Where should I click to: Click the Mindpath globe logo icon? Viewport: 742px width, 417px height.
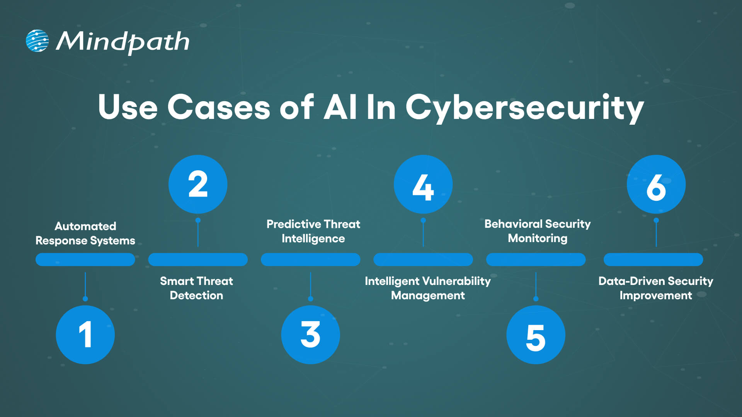tap(37, 41)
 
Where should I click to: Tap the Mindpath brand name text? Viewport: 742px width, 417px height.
tap(123, 42)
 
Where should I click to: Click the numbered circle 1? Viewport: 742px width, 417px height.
tap(85, 334)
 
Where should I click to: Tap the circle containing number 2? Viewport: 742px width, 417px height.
tap(198, 184)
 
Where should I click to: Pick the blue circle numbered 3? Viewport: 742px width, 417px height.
tap(310, 334)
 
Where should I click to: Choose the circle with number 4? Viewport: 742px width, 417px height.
tap(423, 184)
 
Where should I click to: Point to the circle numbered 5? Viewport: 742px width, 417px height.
tap(536, 334)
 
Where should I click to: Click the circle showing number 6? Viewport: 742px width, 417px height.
tap(656, 184)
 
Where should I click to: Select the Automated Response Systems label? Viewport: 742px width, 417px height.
tap(85, 233)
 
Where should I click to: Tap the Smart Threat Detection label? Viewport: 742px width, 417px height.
tap(196, 288)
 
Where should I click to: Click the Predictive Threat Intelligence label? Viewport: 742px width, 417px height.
tap(313, 231)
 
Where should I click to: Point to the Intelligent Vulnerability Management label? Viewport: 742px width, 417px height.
tap(428, 288)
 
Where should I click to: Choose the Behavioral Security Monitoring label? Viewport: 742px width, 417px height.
tap(538, 231)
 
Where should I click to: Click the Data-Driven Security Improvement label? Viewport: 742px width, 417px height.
tap(656, 288)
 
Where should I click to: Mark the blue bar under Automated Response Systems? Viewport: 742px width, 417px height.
tap(85, 259)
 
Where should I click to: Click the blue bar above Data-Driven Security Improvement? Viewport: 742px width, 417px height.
tap(653, 259)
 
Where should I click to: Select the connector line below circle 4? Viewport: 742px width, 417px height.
tap(423, 233)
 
